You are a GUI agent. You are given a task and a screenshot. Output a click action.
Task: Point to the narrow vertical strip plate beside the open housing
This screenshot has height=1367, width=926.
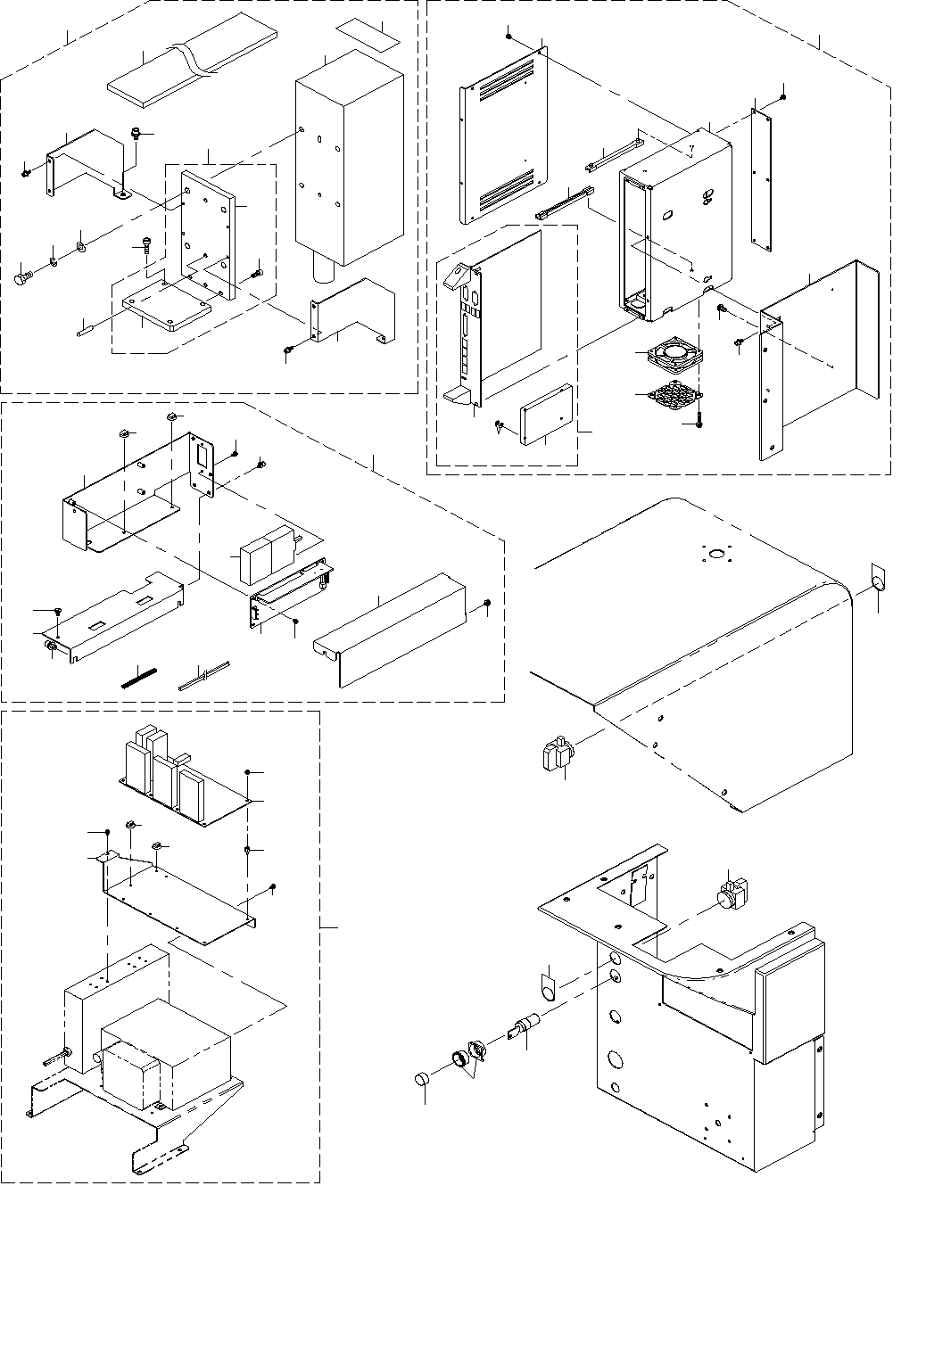click(761, 177)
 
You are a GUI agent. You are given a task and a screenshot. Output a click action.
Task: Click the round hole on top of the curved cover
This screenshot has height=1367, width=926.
click(715, 556)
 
